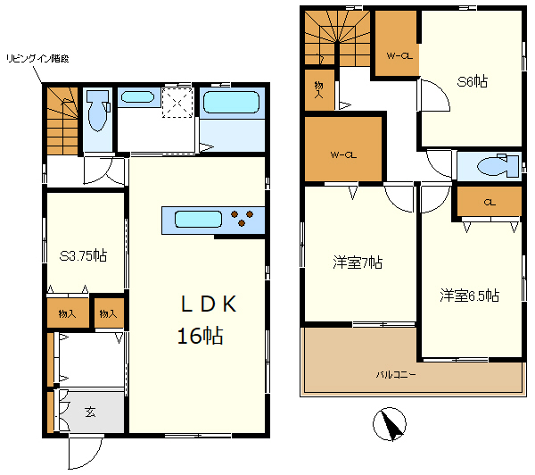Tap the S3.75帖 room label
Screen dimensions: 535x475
click(83, 255)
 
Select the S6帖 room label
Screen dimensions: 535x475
click(473, 81)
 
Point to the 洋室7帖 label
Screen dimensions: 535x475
click(358, 262)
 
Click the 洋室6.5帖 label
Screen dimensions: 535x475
click(470, 296)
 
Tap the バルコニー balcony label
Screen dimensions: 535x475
click(396, 375)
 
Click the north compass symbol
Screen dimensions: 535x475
click(390, 424)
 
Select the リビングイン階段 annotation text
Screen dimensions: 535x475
click(37, 59)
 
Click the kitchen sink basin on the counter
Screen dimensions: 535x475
click(198, 220)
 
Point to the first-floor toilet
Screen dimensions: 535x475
click(98, 111)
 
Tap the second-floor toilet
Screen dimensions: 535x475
click(498, 166)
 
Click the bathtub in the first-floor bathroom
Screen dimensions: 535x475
click(231, 102)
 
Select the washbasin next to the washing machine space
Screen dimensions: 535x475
click(137, 97)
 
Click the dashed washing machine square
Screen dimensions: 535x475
click(177, 103)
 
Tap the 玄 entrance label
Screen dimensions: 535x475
click(90, 412)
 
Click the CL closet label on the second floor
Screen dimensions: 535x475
click(490, 203)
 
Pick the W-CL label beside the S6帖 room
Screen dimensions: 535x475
click(399, 55)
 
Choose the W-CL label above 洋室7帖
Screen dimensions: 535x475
click(343, 154)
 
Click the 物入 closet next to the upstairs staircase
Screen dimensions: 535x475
click(319, 90)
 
